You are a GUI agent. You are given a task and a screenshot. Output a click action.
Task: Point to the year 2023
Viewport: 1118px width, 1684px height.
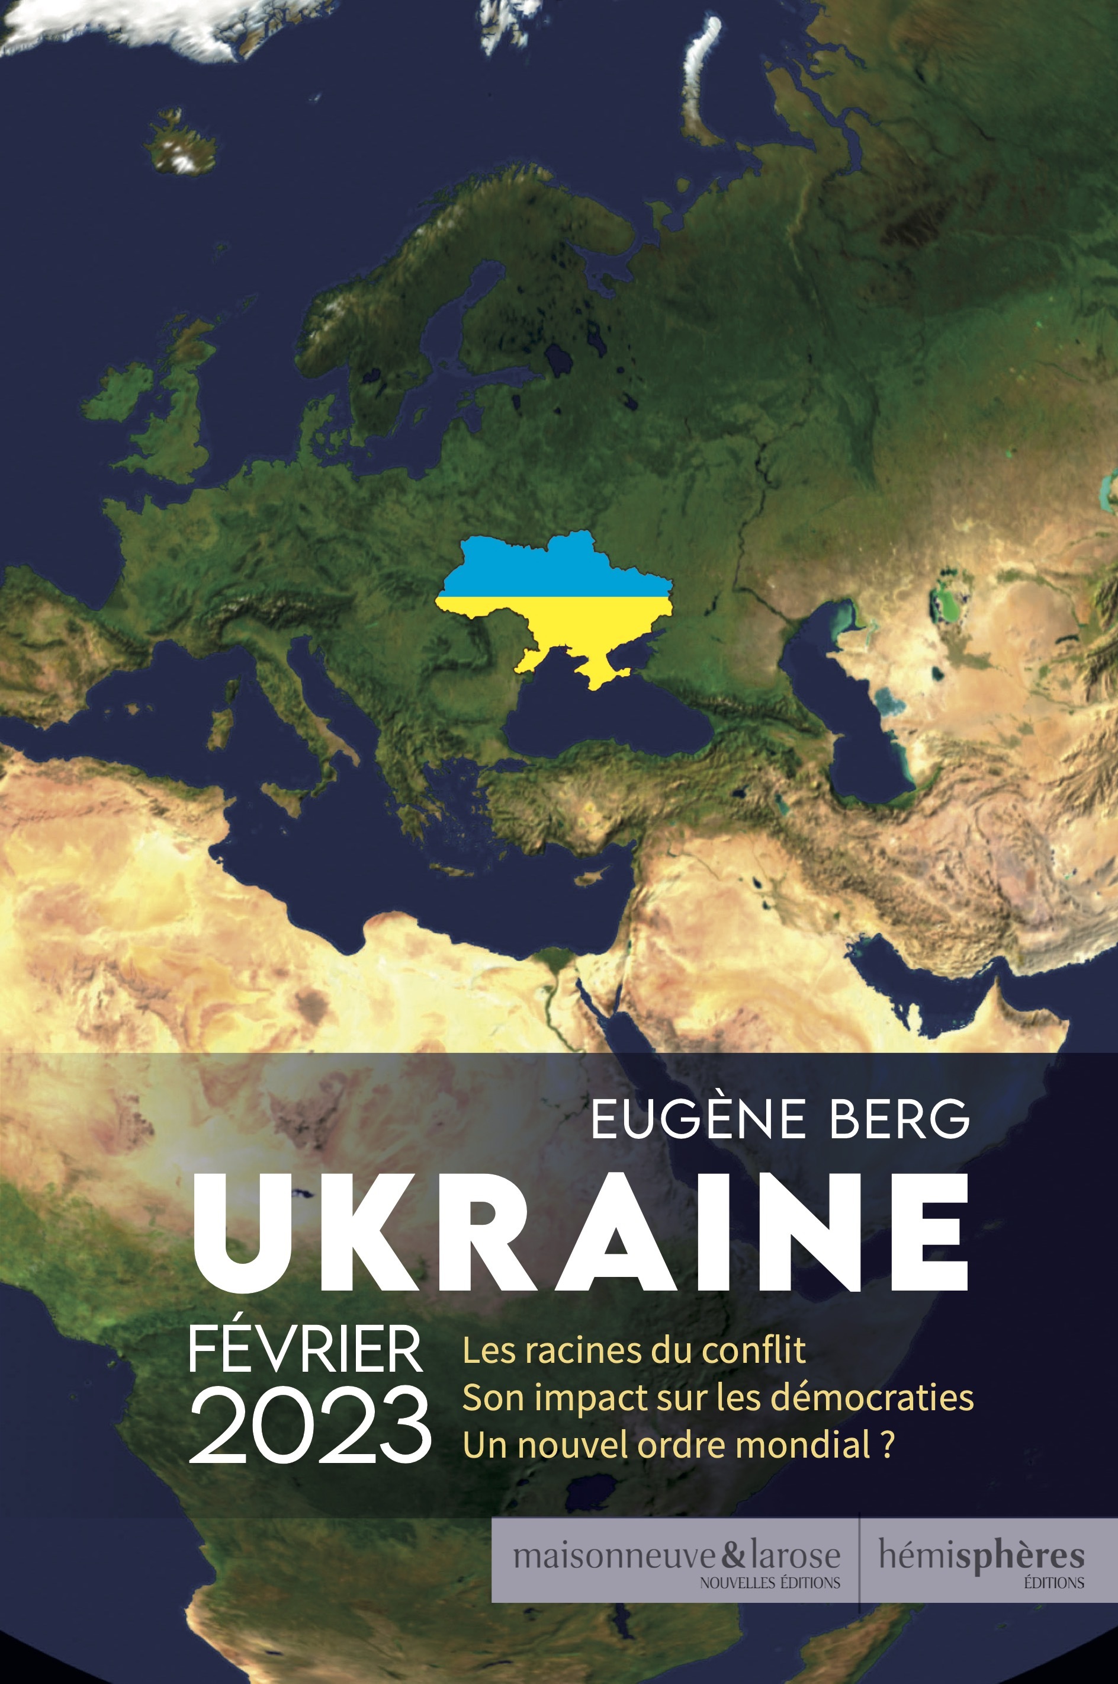coord(310,1424)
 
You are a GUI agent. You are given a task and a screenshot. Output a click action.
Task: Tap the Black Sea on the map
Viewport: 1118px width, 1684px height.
coord(606,721)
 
